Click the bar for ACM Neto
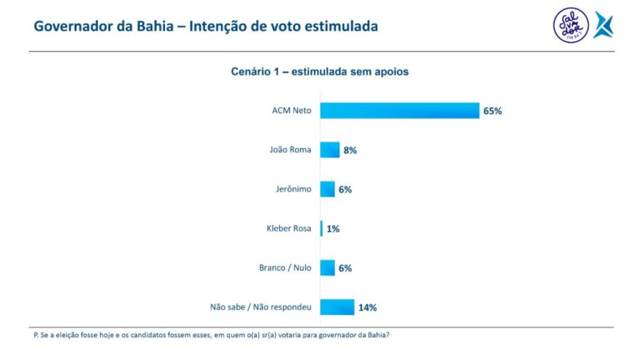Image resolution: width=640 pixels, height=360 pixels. [x=399, y=110]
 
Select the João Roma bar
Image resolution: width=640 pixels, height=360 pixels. [x=330, y=150]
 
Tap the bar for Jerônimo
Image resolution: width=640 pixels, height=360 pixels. [x=327, y=189]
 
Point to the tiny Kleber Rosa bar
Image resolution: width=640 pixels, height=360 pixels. [x=321, y=228]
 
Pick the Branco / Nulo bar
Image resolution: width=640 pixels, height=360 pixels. [x=327, y=268]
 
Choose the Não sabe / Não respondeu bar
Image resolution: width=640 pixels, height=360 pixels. [x=337, y=307]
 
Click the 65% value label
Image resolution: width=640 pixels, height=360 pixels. [x=493, y=111]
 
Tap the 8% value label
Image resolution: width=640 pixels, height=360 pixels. [x=350, y=150]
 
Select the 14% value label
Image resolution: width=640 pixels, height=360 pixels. [x=367, y=307]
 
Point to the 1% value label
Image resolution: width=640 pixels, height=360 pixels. [x=333, y=229]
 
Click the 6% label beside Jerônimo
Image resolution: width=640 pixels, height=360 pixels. [x=345, y=190]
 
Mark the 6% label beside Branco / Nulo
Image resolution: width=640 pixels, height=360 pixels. [x=345, y=268]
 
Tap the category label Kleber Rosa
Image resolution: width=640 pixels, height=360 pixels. [x=289, y=229]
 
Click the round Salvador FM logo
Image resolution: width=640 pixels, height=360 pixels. [x=570, y=26]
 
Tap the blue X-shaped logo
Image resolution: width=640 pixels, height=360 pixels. [x=603, y=26]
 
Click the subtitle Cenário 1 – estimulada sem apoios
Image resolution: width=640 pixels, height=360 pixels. [x=319, y=72]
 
